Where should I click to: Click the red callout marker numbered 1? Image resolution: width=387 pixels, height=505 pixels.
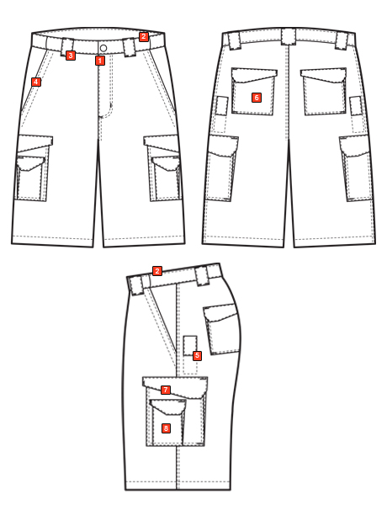100,61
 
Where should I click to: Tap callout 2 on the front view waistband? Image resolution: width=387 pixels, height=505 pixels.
144,37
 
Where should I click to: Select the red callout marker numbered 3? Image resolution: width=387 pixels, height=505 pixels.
71,56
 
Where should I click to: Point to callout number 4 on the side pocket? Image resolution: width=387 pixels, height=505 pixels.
36,82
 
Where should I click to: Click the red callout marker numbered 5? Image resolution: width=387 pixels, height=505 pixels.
197,356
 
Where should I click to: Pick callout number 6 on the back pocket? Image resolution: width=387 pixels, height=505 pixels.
257,98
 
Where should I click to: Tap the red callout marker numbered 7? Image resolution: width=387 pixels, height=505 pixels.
166,390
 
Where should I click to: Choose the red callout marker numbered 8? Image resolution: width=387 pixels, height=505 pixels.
166,428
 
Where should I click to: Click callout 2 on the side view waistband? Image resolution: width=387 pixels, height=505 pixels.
157,271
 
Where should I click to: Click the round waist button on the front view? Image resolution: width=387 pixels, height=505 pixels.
103,48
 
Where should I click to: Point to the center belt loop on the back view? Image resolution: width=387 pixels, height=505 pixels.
289,36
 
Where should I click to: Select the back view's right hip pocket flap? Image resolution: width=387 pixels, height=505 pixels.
324,76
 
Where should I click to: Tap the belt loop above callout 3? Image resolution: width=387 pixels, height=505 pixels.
67,45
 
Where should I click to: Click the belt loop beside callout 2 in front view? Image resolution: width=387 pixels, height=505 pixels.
129,47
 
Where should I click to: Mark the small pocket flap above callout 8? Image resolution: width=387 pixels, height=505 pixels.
167,407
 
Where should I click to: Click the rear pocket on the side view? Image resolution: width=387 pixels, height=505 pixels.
222,328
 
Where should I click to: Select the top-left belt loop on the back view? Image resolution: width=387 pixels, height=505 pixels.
234,41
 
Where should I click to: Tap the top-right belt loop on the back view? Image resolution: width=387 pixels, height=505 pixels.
342,41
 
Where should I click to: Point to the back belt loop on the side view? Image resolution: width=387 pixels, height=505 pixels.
202,277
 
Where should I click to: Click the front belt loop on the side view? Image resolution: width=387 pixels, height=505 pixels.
136,285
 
